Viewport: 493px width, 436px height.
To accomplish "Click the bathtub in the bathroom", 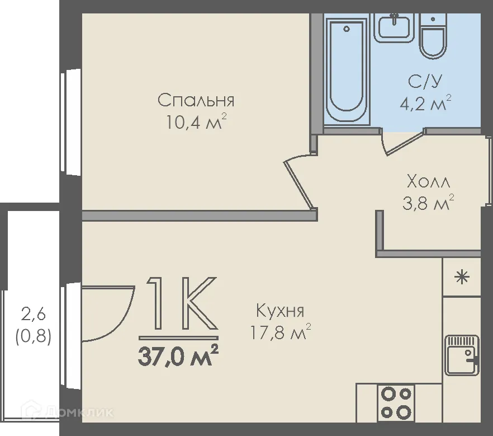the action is pyautogui.click(x=346, y=69).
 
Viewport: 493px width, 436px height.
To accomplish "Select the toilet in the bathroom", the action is pyautogui.click(x=433, y=36).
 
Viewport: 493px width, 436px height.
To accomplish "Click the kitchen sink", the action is pyautogui.click(x=462, y=355).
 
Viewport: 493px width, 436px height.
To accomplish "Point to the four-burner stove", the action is pyautogui.click(x=396, y=402).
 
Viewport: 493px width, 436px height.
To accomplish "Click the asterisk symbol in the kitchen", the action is pyautogui.click(x=462, y=277).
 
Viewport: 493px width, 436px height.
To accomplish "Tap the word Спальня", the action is pyautogui.click(x=196, y=100).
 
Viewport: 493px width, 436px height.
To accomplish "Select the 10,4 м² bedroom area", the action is pyautogui.click(x=196, y=122).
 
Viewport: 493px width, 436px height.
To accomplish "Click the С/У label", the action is pyautogui.click(x=425, y=81).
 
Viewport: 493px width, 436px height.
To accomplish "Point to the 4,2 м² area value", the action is pyautogui.click(x=425, y=102).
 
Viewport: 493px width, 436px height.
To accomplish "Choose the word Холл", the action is pyautogui.click(x=428, y=182).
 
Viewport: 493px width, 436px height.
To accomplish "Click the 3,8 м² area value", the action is pyautogui.click(x=428, y=203).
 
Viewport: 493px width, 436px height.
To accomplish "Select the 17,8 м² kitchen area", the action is pyautogui.click(x=280, y=332).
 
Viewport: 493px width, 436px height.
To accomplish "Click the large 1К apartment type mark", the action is pyautogui.click(x=182, y=303).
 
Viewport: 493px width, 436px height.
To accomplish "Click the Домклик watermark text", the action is pyautogui.click(x=79, y=412).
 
